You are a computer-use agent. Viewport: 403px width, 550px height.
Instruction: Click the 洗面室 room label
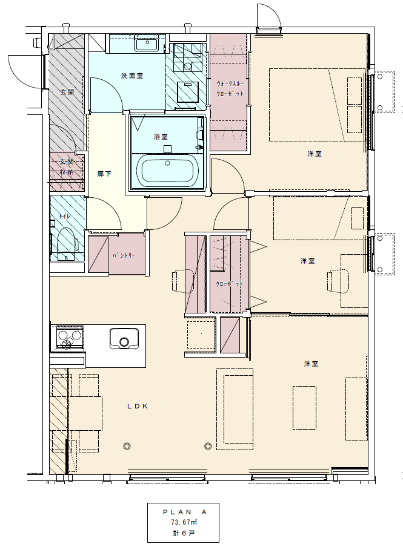[132, 76]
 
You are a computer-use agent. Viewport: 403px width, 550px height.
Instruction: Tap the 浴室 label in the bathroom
[161, 137]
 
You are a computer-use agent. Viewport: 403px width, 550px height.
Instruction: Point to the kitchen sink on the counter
[124, 338]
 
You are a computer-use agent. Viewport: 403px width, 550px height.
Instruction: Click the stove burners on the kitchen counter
[69, 337]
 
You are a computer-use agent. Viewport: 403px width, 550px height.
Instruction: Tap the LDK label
[138, 406]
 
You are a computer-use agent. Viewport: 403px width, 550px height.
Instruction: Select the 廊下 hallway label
[104, 173]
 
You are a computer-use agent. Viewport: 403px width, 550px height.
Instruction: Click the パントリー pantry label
[124, 255]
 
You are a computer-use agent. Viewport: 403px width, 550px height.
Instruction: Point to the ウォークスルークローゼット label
[230, 89]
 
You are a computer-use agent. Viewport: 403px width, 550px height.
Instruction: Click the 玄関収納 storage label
[67, 166]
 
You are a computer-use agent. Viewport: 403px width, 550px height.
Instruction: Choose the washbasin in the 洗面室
[147, 45]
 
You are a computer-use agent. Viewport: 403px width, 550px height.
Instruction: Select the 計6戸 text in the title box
[184, 533]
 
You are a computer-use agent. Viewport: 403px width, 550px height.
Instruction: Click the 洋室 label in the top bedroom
[315, 154]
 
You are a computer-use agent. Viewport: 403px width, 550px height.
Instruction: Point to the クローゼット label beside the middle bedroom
[229, 284]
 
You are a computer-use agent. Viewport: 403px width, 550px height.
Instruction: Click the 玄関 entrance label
[67, 92]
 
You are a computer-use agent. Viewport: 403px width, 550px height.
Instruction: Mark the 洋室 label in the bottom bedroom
[311, 364]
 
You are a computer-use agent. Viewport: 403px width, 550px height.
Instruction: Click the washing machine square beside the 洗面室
[188, 91]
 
